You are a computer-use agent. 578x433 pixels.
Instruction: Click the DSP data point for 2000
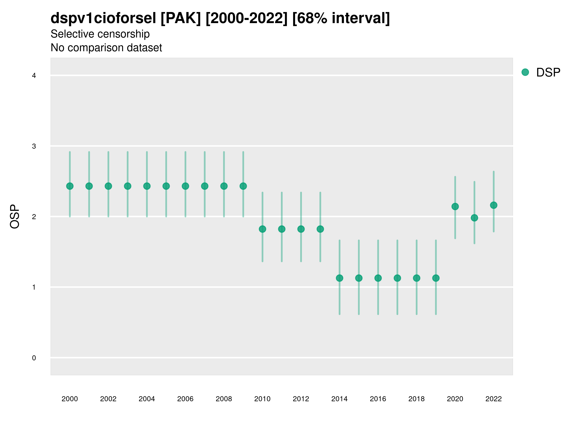[70, 186]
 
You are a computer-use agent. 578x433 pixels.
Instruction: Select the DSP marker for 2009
[243, 186]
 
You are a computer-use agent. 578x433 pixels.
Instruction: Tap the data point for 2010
[262, 229]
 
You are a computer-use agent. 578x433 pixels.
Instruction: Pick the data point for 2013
[320, 229]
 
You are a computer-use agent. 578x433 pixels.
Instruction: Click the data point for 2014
[339, 278]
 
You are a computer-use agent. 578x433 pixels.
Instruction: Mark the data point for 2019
[436, 278]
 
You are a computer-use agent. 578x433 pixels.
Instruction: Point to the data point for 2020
[455, 206]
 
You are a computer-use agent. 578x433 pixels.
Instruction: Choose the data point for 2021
[474, 218]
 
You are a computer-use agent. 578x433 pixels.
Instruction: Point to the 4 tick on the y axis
[34, 76]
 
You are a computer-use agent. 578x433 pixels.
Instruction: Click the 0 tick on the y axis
[34, 358]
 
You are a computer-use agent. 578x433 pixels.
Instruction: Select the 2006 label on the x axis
[185, 399]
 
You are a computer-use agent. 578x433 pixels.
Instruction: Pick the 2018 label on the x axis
[416, 399]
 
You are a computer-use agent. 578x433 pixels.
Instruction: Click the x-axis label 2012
[301, 399]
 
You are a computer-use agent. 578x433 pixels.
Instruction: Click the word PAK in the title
[181, 18]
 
